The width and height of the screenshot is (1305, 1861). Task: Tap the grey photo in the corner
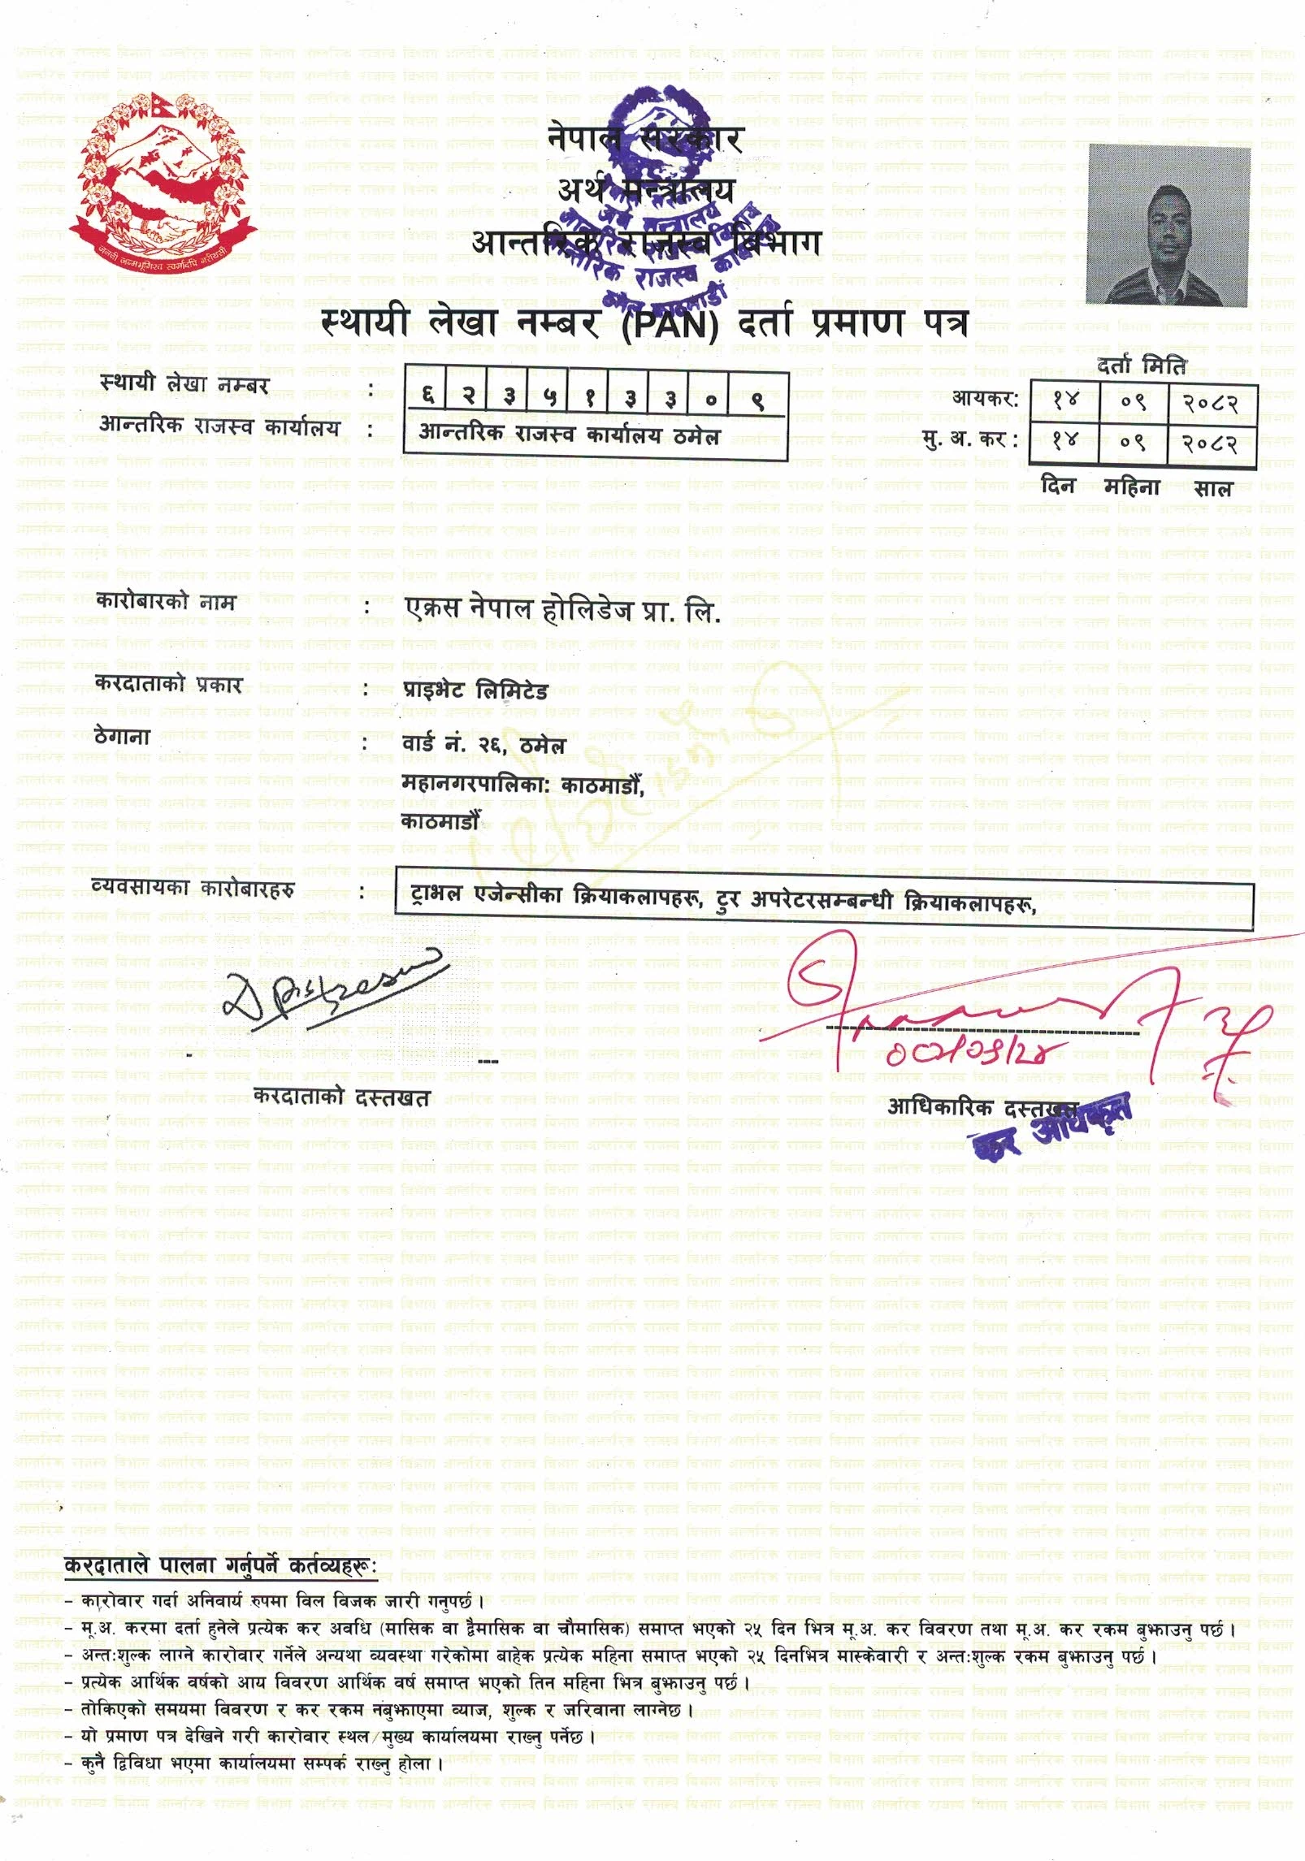[1168, 226]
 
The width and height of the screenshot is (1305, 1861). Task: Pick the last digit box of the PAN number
[756, 399]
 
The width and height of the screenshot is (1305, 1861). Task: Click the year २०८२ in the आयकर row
[1210, 402]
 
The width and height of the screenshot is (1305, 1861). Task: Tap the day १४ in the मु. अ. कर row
[1064, 442]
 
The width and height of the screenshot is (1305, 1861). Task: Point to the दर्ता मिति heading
[1141, 366]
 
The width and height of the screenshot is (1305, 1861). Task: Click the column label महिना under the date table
[1131, 487]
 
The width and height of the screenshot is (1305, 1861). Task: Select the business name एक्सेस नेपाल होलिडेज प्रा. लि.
[562, 609]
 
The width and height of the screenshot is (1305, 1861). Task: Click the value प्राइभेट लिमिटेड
[475, 691]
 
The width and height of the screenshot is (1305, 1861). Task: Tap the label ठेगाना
[123, 737]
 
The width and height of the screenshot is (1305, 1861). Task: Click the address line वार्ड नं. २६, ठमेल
[483, 744]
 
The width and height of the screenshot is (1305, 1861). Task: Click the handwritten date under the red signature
[967, 1053]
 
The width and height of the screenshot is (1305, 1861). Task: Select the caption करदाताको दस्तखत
[341, 1097]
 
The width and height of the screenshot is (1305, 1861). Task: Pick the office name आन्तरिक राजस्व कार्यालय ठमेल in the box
[569, 435]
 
